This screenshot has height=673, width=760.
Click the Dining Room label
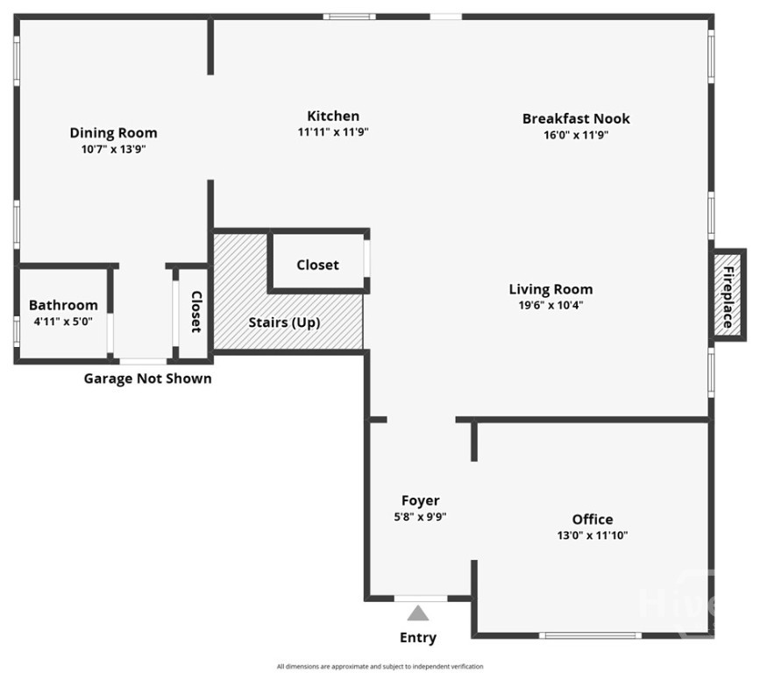[x=113, y=133]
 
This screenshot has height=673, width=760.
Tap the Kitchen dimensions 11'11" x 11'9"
[x=332, y=133]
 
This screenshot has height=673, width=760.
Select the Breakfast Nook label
[x=576, y=118]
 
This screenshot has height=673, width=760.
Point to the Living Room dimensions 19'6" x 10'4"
[x=550, y=305]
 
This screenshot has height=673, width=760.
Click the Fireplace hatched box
[x=728, y=293]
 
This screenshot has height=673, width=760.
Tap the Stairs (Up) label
[x=284, y=322]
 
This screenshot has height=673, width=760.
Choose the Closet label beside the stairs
[x=317, y=265]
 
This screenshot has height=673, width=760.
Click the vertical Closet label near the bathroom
[x=196, y=312]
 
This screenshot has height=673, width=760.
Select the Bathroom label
[x=63, y=305]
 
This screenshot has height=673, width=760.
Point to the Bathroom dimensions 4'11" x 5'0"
[x=63, y=322]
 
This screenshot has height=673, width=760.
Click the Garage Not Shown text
[x=147, y=379]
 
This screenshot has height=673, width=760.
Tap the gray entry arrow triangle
[x=418, y=613]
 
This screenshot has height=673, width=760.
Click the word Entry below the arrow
[x=418, y=637]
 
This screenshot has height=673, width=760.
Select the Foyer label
[x=420, y=500]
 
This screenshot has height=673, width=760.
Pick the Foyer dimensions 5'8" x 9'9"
[x=420, y=517]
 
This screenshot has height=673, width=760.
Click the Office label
[x=593, y=519]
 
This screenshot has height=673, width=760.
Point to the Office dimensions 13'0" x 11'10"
[x=593, y=535]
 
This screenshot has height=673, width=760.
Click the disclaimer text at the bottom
[x=380, y=667]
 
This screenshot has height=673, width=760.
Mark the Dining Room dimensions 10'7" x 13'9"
[x=113, y=150]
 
